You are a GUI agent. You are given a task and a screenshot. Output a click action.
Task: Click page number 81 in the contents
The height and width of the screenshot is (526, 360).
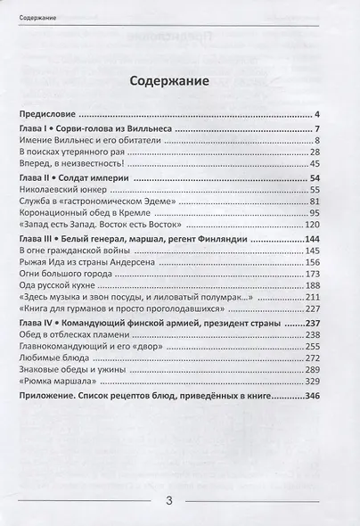pos(314,203)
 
